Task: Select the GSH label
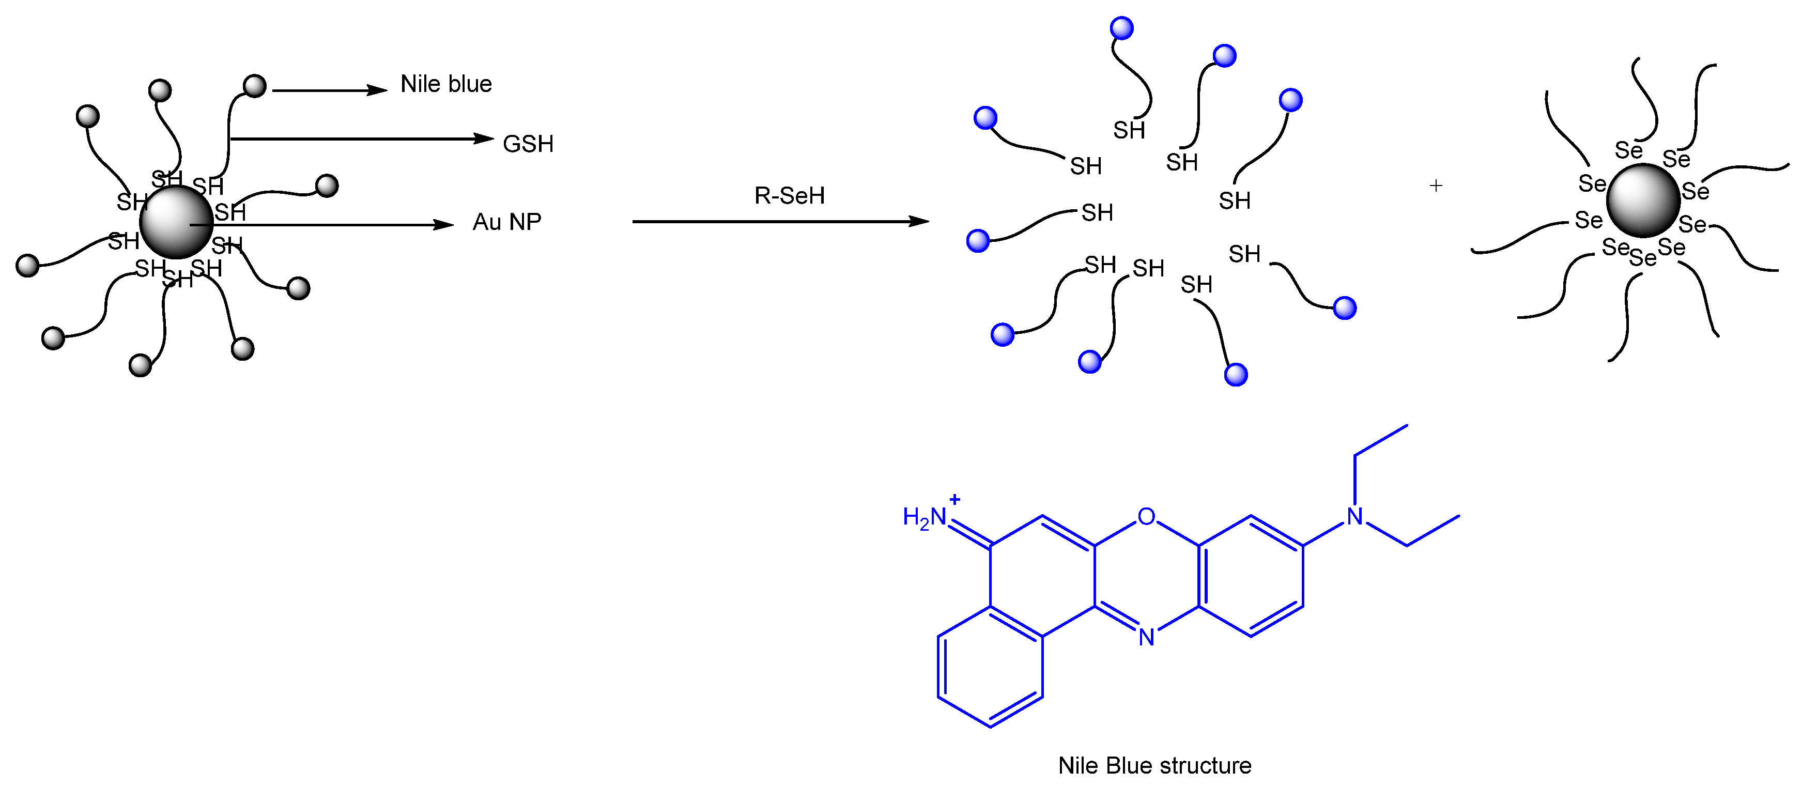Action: pyautogui.click(x=528, y=144)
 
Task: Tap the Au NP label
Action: pyautogui.click(x=506, y=222)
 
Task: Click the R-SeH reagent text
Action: pyautogui.click(x=789, y=196)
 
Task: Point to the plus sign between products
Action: pyautogui.click(x=1436, y=186)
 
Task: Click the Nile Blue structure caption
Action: pyautogui.click(x=1154, y=766)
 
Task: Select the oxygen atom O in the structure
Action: pyautogui.click(x=1146, y=517)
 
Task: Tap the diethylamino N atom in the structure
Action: pyautogui.click(x=1355, y=517)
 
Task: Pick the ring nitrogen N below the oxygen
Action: pyautogui.click(x=1146, y=637)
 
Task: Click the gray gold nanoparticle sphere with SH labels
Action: pyautogui.click(x=176, y=222)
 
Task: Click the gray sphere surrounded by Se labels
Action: pyautogui.click(x=1643, y=201)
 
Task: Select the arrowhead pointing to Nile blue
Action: pyautogui.click(x=378, y=90)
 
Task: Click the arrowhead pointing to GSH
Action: pyautogui.click(x=484, y=138)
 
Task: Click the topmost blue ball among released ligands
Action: pyautogui.click(x=1121, y=28)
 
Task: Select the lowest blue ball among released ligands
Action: pyautogui.click(x=1236, y=375)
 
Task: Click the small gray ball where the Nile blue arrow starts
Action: pyautogui.click(x=255, y=86)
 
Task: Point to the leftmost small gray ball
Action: pyautogui.click(x=28, y=266)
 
